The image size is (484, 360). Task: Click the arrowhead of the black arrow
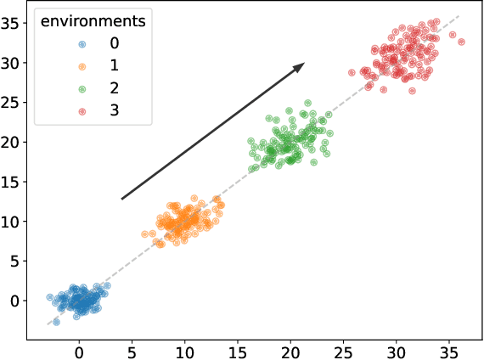tap(301, 65)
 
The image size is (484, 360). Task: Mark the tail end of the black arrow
tap(122, 200)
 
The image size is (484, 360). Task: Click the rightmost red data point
tap(461, 42)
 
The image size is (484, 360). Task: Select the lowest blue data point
tap(57, 322)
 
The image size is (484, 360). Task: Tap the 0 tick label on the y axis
tap(16, 301)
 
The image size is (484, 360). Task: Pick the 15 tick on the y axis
tap(27, 182)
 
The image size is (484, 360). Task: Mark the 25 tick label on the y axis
tap(12, 103)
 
